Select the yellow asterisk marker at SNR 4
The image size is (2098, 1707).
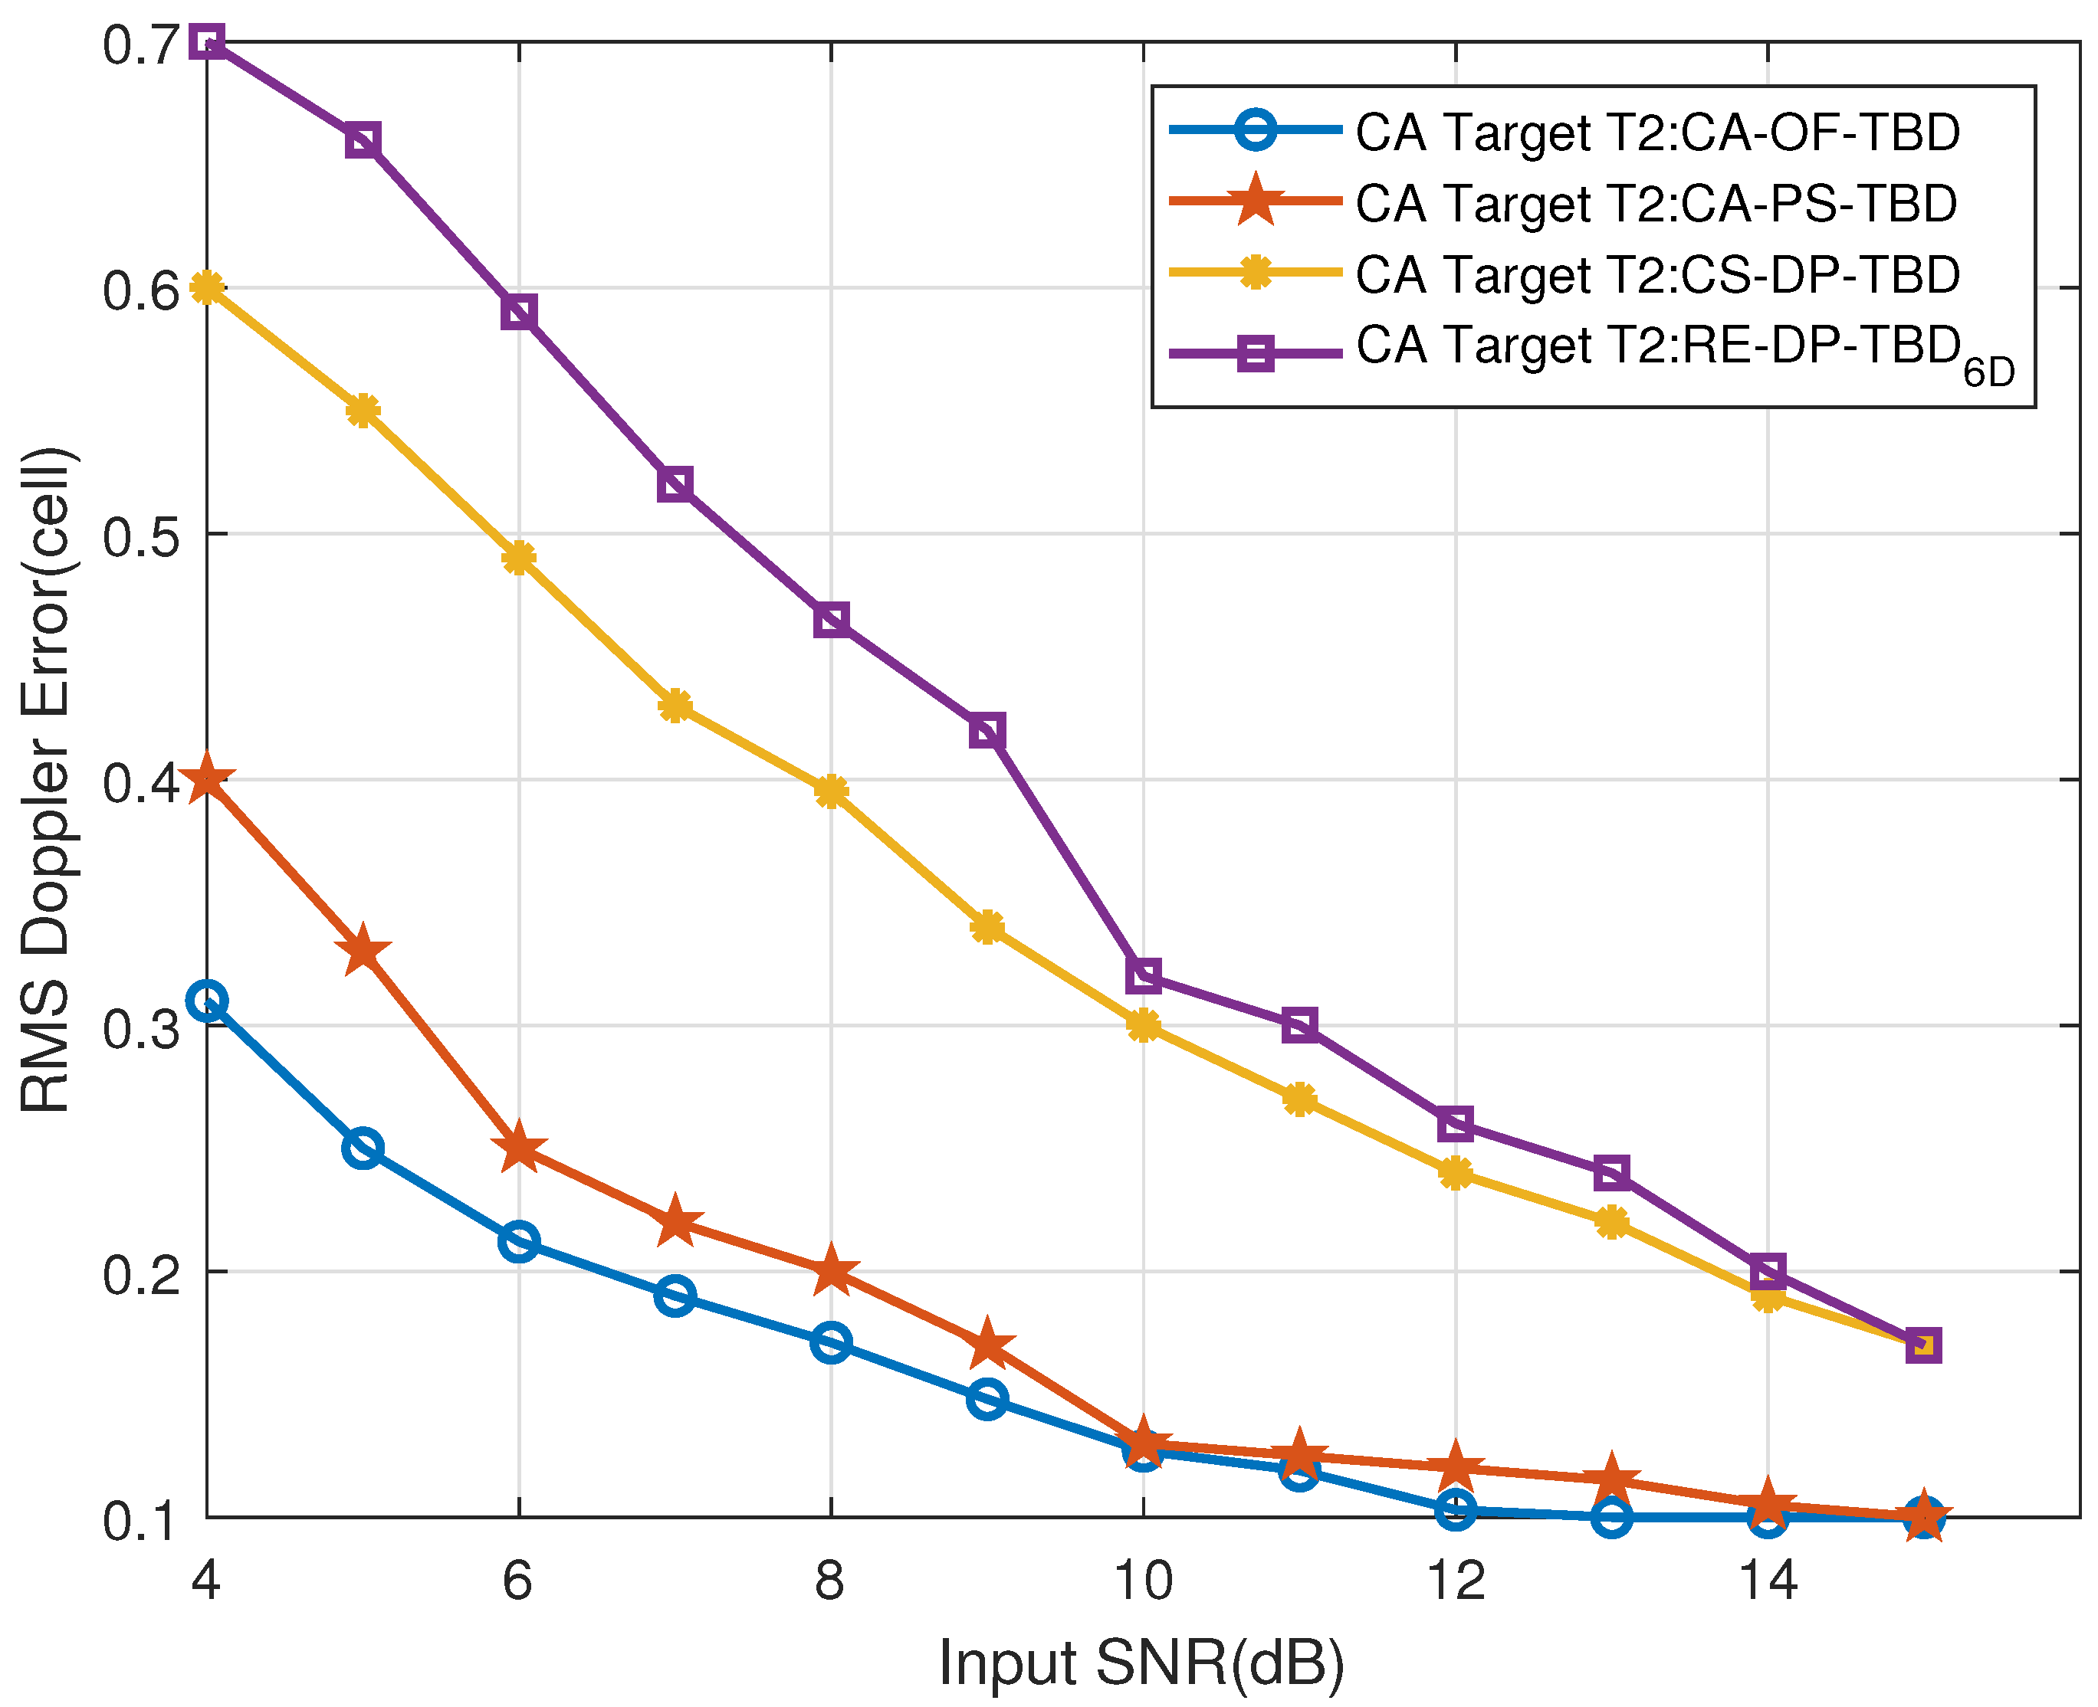click(x=206, y=288)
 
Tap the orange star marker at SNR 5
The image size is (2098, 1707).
click(x=363, y=951)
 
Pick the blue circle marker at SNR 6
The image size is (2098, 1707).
click(x=518, y=1242)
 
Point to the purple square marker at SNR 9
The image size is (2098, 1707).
click(x=987, y=731)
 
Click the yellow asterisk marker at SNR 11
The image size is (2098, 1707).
click(x=1299, y=1099)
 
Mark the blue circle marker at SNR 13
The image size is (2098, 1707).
click(x=1611, y=1517)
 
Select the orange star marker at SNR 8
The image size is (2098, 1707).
click(x=831, y=1271)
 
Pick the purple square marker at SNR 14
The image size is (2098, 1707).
click(x=1768, y=1271)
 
